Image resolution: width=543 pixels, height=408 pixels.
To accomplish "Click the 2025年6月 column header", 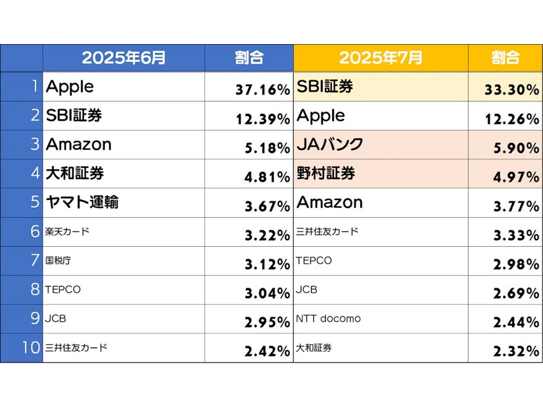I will (x=124, y=58).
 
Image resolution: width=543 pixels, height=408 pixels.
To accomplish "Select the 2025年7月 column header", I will (x=381, y=58).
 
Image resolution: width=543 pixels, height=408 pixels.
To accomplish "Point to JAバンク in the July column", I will (x=330, y=145).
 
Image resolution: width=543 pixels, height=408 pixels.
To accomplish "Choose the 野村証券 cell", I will (x=326, y=174).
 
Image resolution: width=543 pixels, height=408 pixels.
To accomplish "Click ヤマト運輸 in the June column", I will (x=82, y=202).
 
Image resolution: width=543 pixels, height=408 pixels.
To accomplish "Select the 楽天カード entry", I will (x=67, y=232).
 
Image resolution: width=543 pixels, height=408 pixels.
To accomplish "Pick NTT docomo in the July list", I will (x=329, y=319).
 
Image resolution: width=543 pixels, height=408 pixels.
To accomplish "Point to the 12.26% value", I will (x=512, y=119).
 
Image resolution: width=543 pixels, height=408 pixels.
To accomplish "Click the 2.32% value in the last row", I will (x=516, y=351).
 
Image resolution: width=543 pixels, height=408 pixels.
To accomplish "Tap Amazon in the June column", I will (x=79, y=145).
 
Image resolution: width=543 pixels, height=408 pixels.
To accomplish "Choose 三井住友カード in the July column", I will (x=327, y=232).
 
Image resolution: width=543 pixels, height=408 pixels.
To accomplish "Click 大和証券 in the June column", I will (x=75, y=174).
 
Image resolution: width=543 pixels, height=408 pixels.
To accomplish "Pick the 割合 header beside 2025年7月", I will (x=505, y=58).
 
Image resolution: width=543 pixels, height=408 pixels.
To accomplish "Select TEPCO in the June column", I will (x=63, y=290).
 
